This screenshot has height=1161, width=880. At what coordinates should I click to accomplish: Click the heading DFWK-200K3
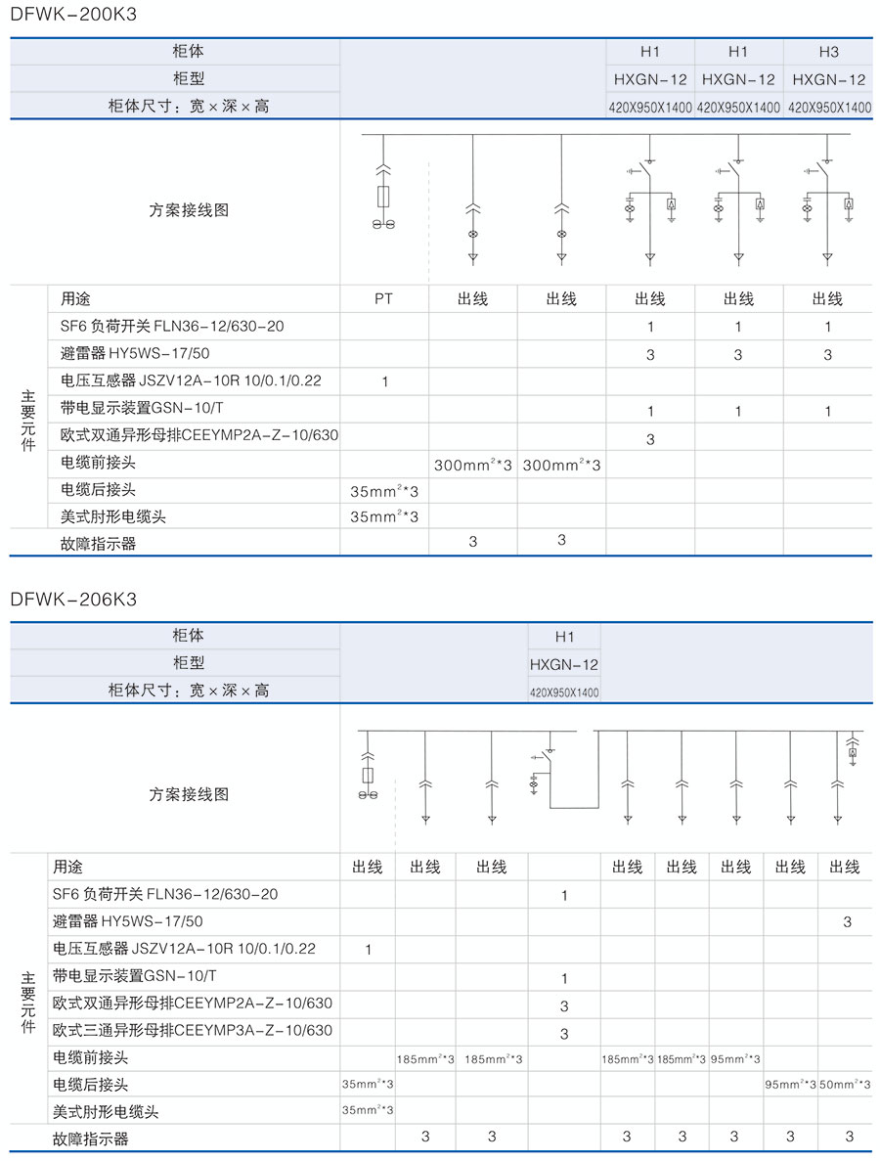coord(74,17)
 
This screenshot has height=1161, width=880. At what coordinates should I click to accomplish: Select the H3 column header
coord(828,52)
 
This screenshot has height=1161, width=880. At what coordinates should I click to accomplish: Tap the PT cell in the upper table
coord(384,299)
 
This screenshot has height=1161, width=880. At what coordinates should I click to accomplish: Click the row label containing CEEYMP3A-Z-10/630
coord(193,1030)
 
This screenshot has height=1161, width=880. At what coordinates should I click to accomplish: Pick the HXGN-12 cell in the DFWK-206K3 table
coord(564,664)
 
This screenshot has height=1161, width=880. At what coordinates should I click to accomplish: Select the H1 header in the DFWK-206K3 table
coord(564,637)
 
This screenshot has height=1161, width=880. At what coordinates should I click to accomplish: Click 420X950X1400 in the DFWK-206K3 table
coord(564,692)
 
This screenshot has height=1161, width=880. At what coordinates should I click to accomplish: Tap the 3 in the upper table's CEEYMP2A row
coord(650,439)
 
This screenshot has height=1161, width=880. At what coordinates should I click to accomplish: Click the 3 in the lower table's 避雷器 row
coord(848,921)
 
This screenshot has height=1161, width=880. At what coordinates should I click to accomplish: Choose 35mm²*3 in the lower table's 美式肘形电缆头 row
coord(368,1110)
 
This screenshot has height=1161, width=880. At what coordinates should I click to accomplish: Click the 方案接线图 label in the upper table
coord(189,210)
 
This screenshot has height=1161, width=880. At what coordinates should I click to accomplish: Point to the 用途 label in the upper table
coord(75,299)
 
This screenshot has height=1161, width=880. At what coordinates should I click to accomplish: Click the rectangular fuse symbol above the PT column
coord(384,195)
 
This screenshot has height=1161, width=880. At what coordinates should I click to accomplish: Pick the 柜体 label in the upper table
coord(189,51)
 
